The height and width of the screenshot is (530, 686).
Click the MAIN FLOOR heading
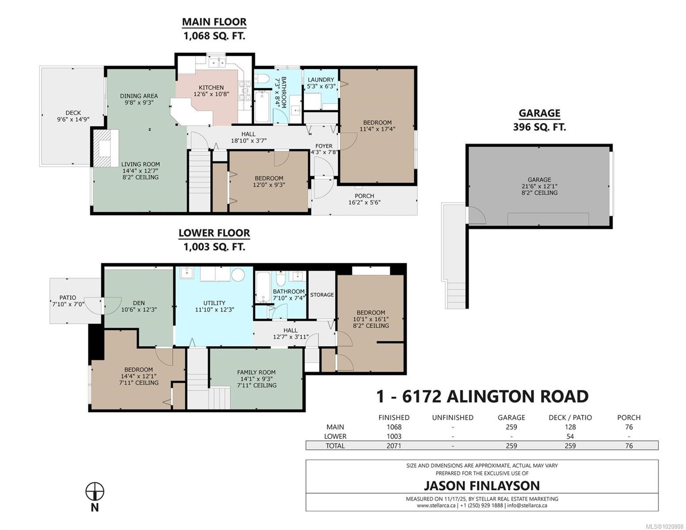point(214,22)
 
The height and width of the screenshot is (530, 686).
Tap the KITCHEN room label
point(211,87)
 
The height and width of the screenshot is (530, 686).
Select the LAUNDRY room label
point(321,80)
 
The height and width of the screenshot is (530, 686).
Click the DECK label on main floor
point(73,113)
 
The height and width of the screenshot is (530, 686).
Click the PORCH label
point(364,196)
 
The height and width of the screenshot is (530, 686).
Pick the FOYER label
point(324,146)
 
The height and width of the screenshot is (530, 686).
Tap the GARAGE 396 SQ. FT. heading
point(539,120)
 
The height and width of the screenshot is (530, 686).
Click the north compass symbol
point(95,491)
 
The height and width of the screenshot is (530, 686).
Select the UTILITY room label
point(214,303)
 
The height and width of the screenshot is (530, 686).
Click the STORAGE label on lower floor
point(322,295)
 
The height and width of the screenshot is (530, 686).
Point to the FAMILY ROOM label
point(256,372)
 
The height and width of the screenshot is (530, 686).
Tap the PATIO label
point(68,298)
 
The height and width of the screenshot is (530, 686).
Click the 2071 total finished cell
point(393,446)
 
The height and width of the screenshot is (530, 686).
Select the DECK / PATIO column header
point(570,417)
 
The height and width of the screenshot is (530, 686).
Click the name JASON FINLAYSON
point(481,486)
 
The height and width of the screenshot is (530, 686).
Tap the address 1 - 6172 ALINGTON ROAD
point(482,396)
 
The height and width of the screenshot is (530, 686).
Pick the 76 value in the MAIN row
point(629,427)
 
